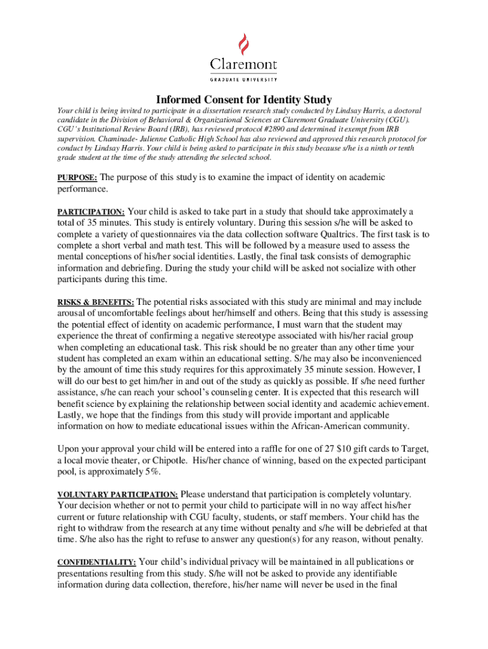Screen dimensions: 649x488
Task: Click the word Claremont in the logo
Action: pyautogui.click(x=244, y=65)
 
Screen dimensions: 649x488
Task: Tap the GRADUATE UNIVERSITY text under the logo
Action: pyautogui.click(x=244, y=80)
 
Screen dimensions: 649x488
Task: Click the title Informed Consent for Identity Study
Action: pyautogui.click(x=244, y=100)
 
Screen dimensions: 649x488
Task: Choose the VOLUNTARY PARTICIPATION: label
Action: pyautogui.click(x=118, y=494)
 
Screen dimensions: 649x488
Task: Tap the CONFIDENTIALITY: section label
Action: pyautogui.click(x=96, y=562)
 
